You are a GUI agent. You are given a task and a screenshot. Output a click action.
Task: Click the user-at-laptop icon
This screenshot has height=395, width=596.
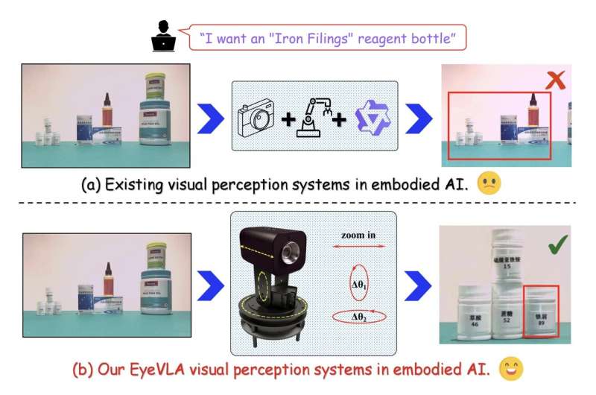coord(163,36)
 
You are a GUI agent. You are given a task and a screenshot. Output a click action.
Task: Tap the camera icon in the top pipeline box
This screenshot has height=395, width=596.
coord(256,117)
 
